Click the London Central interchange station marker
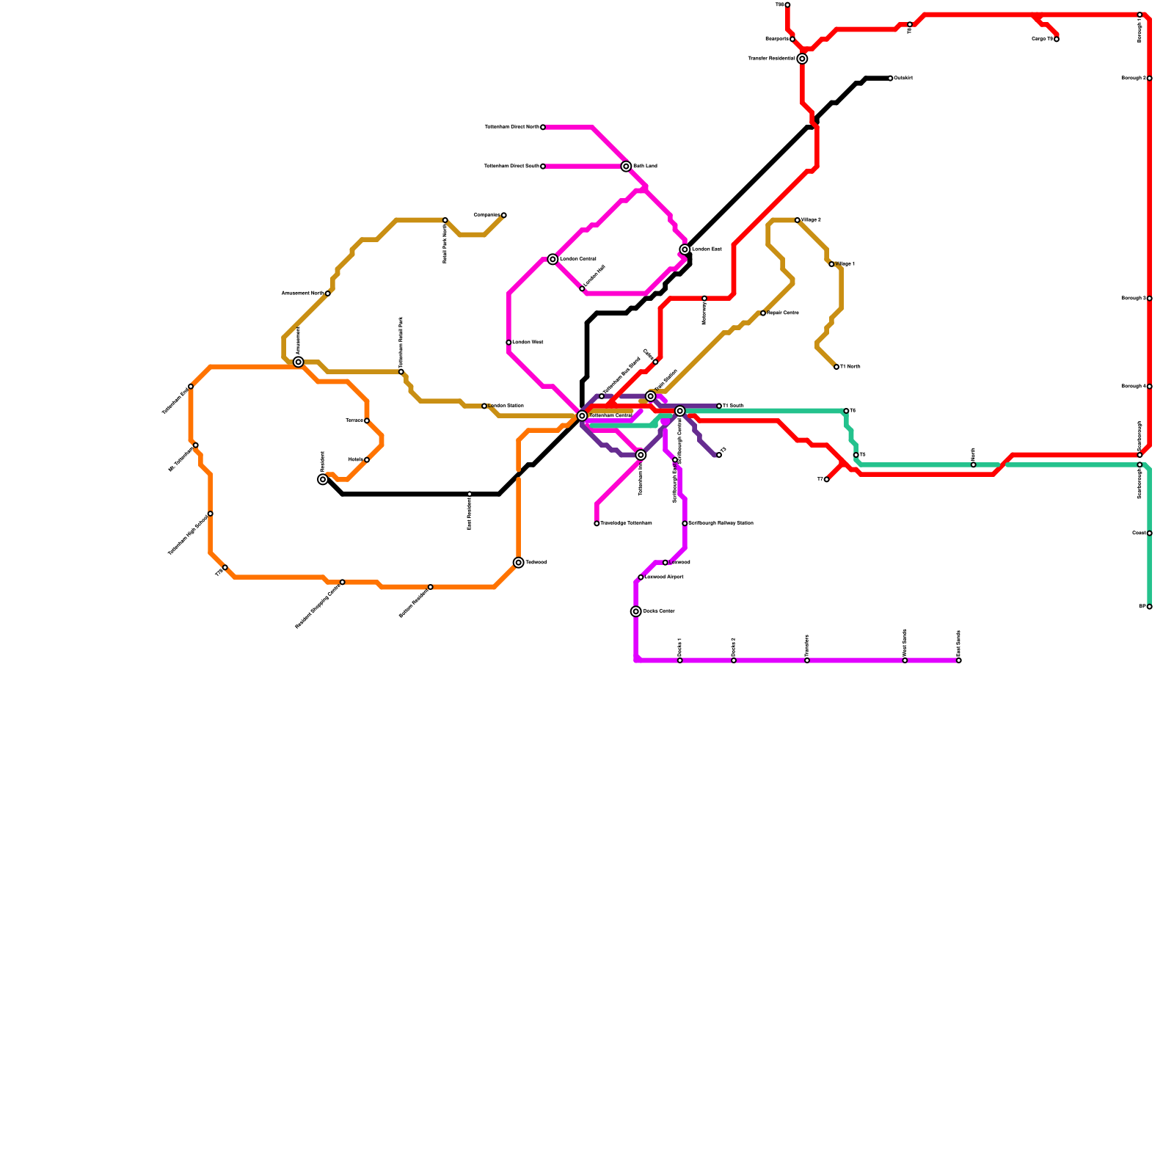coord(553,259)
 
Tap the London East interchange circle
coord(685,249)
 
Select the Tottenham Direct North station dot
coord(543,128)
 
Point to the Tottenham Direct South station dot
coord(543,167)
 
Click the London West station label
coord(528,343)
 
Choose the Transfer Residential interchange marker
coord(803,59)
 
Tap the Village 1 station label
coord(845,264)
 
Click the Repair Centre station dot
coord(763,313)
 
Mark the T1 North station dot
coord(836,367)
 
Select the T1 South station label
coord(733,406)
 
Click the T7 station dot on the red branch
coord(827,480)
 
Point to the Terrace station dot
coord(367,420)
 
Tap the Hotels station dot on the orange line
coord(367,460)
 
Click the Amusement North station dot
coord(328,293)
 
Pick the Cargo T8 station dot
coord(1057,40)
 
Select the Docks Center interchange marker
coord(636,611)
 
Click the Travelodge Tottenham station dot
coord(597,523)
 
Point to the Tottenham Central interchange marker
coord(582,416)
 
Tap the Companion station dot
coord(504,215)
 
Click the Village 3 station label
coord(811,220)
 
